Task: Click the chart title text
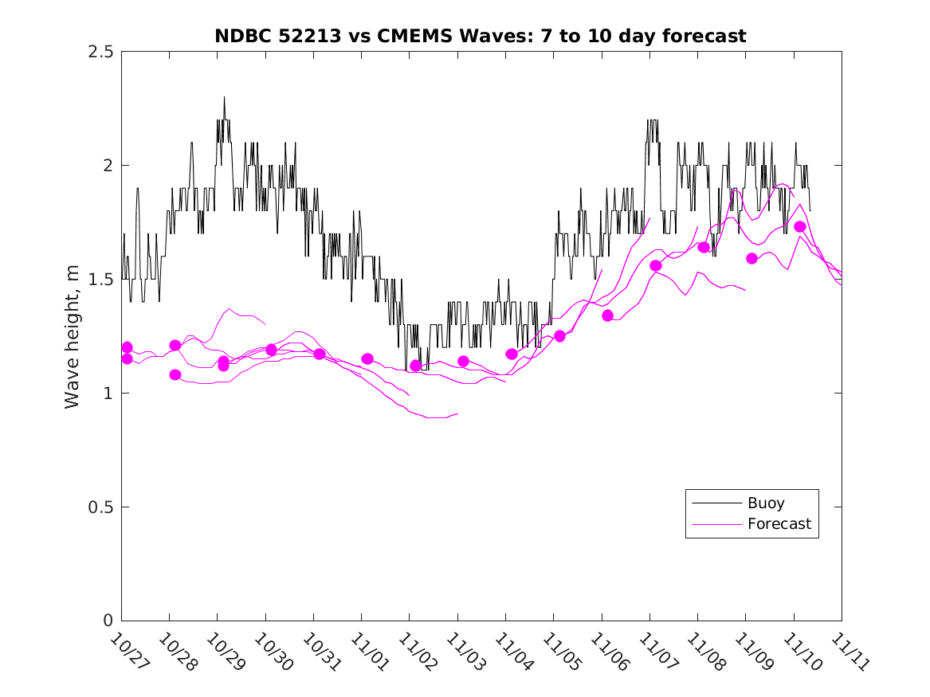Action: (481, 36)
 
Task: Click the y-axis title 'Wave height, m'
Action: (73, 336)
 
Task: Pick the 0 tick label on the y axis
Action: (108, 621)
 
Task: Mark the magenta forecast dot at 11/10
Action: (800, 227)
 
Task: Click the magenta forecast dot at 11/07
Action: (656, 266)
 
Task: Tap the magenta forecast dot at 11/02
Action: (415, 366)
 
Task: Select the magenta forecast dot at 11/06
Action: (607, 315)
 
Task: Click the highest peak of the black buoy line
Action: (224, 97)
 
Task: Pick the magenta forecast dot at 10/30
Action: (271, 350)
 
